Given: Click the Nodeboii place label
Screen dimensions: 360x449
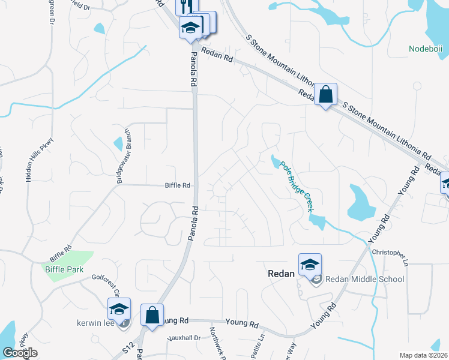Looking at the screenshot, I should [425, 49].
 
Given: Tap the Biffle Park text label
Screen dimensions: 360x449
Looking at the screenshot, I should [64, 269].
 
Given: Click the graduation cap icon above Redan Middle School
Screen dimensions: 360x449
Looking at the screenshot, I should [310, 265].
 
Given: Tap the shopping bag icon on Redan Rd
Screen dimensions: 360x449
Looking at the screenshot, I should [325, 94].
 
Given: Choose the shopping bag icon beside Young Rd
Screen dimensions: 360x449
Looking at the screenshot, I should [152, 315].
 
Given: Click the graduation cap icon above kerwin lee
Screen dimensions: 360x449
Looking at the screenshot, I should [119, 309].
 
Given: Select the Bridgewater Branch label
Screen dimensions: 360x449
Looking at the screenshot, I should [123, 156].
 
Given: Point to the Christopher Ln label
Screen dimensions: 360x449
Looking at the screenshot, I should [391, 256].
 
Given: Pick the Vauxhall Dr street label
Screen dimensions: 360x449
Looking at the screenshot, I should [184, 338].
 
